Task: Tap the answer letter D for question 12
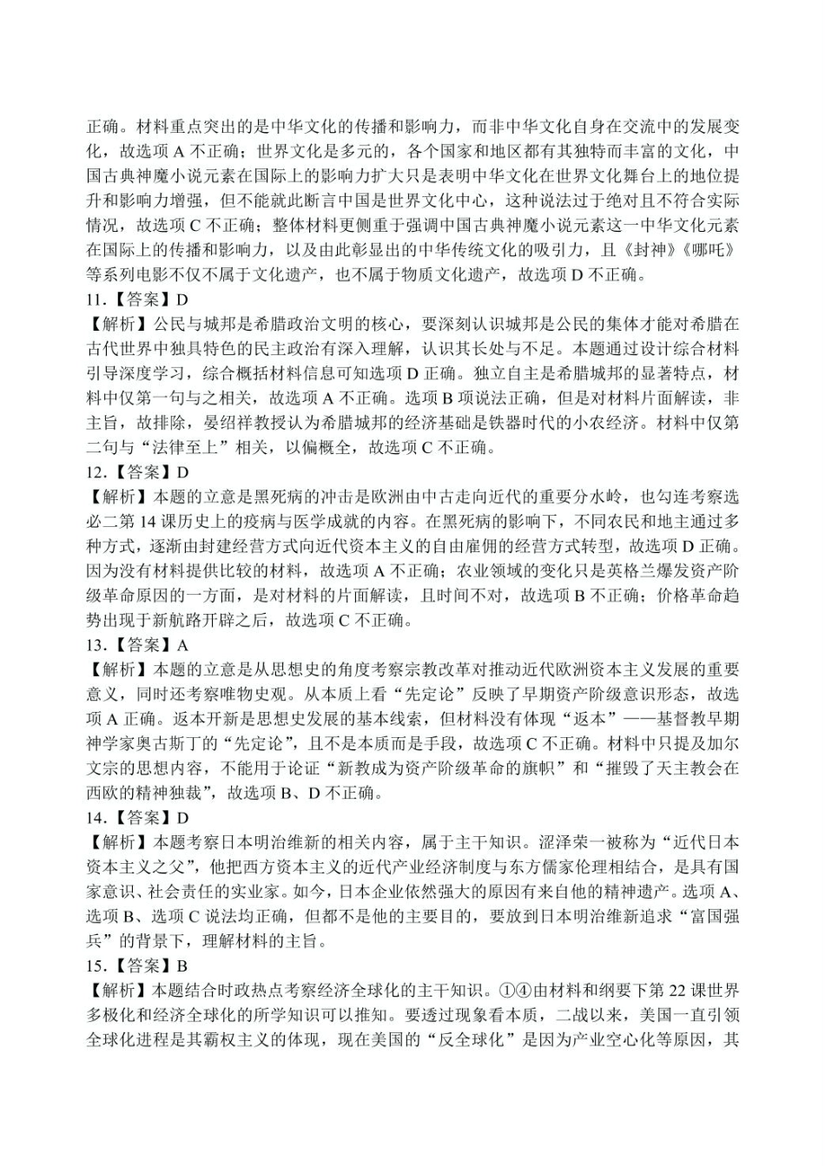point(182,473)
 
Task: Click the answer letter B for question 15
point(182,965)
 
